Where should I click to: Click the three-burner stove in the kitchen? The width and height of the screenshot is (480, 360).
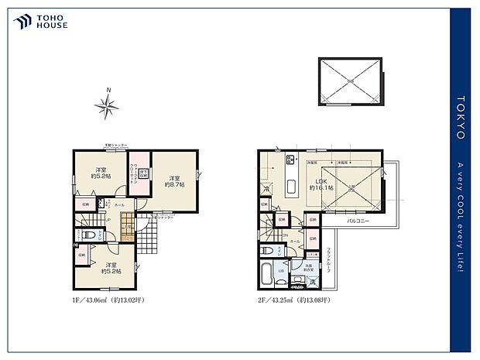[292, 160]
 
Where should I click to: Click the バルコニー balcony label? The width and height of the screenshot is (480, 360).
[358, 221]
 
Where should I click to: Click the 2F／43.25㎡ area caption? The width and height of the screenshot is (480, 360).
[295, 300]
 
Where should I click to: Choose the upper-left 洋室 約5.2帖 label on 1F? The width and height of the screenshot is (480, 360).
[101, 173]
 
